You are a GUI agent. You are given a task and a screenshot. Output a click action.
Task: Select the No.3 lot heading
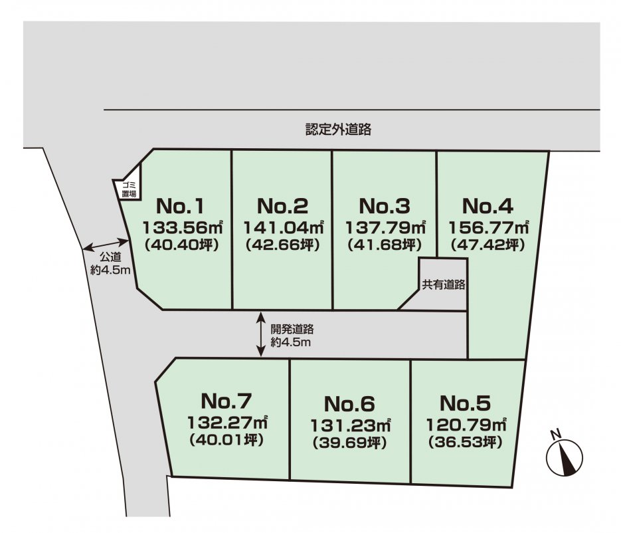[x=385, y=205]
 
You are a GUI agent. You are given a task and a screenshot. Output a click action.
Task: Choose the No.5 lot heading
[x=465, y=403]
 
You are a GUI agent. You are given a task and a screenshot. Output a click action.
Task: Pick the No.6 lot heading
[x=350, y=403]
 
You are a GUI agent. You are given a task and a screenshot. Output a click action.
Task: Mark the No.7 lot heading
[x=226, y=401]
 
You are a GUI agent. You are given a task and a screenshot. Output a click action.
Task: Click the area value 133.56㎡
[x=181, y=226]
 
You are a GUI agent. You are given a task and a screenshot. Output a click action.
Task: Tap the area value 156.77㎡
[x=488, y=226]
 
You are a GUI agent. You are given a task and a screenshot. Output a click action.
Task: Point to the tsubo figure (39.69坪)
[x=349, y=442]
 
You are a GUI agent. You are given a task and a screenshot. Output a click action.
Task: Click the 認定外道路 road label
[x=338, y=130]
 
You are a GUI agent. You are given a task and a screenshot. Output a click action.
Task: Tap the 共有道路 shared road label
[x=443, y=284]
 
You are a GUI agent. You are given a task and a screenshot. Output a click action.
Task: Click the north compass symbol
[x=564, y=455]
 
